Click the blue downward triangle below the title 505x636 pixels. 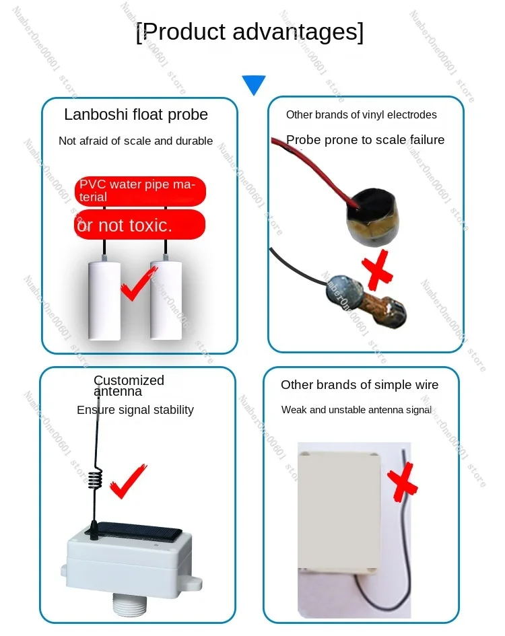pos(254,84)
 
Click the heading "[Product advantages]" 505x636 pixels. pos(250,32)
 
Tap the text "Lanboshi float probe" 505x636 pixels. pos(136,114)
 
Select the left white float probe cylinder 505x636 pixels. pos(104,299)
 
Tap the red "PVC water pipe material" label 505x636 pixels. pos(139,190)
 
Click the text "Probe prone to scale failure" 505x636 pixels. pos(365,140)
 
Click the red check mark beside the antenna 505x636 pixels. pos(127,481)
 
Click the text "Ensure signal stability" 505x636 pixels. pos(135,410)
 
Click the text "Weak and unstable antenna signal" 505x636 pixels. pos(356,410)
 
